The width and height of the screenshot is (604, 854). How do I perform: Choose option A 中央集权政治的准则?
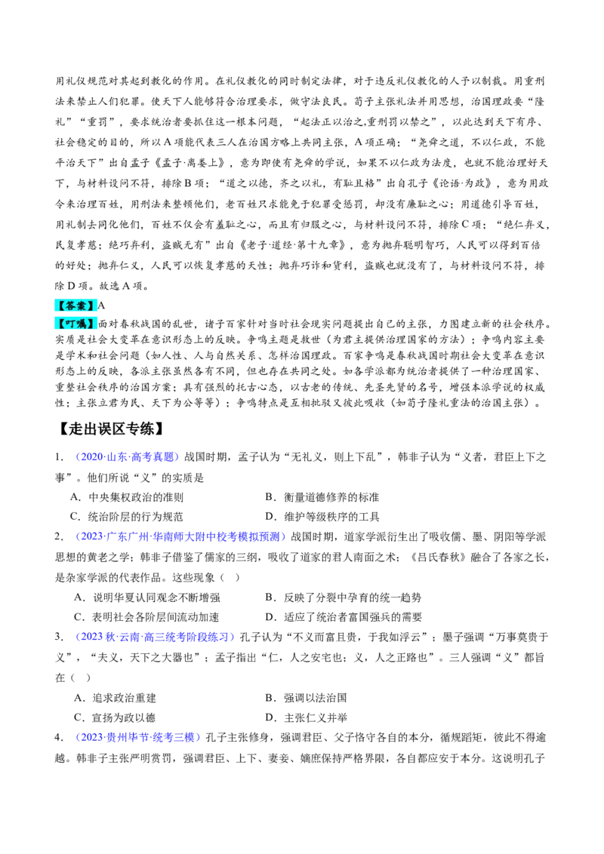click(x=128, y=497)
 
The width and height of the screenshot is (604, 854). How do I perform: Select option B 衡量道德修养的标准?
click(x=322, y=497)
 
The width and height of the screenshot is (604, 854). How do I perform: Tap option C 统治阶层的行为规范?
click(x=128, y=517)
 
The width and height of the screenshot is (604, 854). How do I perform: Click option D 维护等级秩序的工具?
click(x=322, y=517)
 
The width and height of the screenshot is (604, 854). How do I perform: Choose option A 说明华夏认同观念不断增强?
click(x=146, y=597)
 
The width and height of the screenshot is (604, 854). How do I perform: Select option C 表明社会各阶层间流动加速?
click(x=146, y=617)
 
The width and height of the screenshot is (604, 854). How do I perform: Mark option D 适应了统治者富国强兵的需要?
click(x=344, y=617)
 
